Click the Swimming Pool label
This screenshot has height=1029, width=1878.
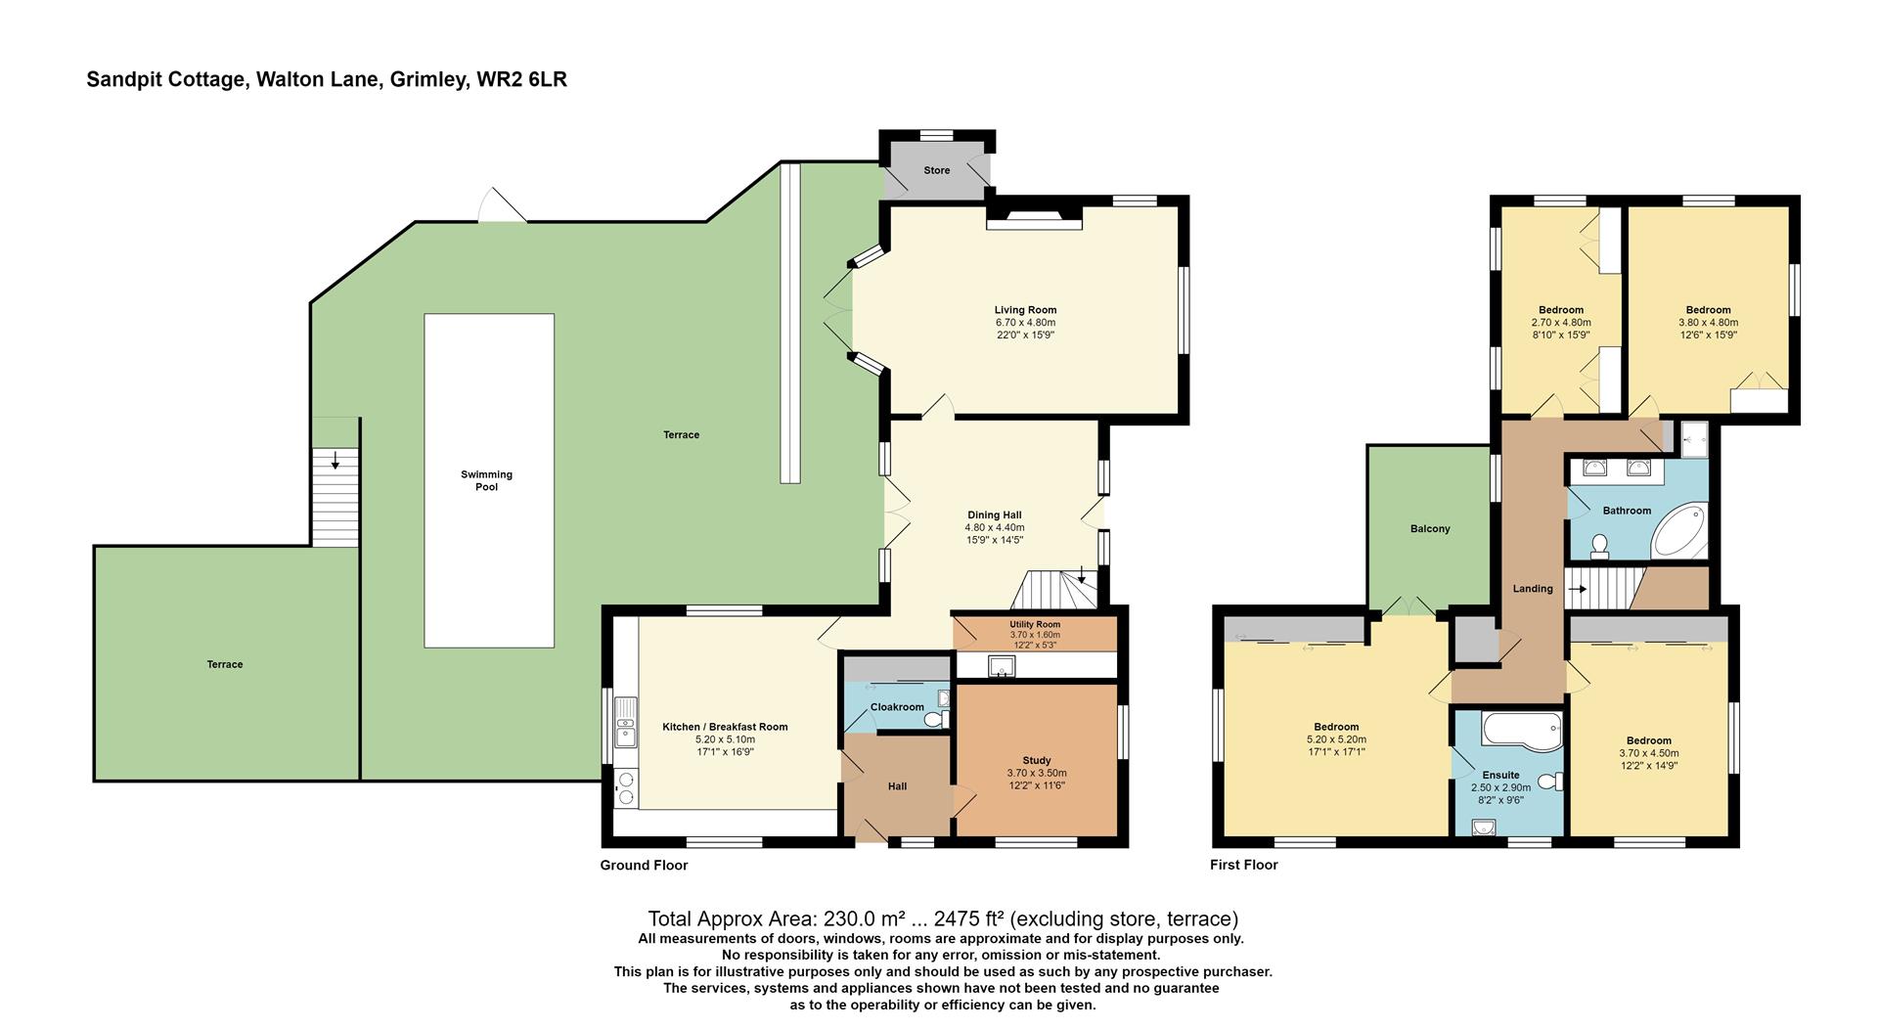click(x=486, y=480)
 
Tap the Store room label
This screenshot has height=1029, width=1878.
click(x=936, y=170)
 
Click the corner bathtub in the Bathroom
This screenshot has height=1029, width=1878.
click(x=1679, y=531)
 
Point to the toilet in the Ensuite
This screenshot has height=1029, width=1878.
click(x=1549, y=782)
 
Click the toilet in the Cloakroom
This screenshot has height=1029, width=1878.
click(x=936, y=720)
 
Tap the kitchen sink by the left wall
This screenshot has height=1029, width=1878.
click(x=625, y=725)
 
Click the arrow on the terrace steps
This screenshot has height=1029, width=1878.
click(x=335, y=460)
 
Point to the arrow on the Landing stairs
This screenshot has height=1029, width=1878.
click(x=1577, y=589)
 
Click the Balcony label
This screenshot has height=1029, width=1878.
click(x=1430, y=528)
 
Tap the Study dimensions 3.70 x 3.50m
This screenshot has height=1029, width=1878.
click(x=1036, y=773)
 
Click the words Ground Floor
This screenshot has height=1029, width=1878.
click(x=644, y=865)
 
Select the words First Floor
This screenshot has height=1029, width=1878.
click(x=1243, y=865)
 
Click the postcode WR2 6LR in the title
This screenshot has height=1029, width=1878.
click(x=521, y=79)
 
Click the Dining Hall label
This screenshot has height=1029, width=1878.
click(x=995, y=514)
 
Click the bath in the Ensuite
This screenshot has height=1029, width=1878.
click(x=1520, y=730)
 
